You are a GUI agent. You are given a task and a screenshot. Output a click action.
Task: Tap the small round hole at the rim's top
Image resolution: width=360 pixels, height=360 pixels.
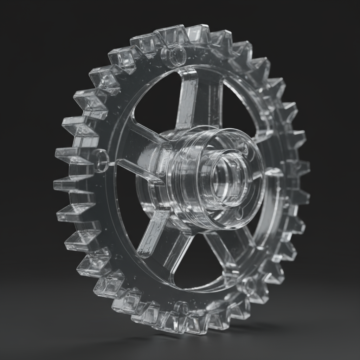coord(175,55)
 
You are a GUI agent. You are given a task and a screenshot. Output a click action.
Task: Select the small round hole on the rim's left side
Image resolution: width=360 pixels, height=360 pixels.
coord(101,160)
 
